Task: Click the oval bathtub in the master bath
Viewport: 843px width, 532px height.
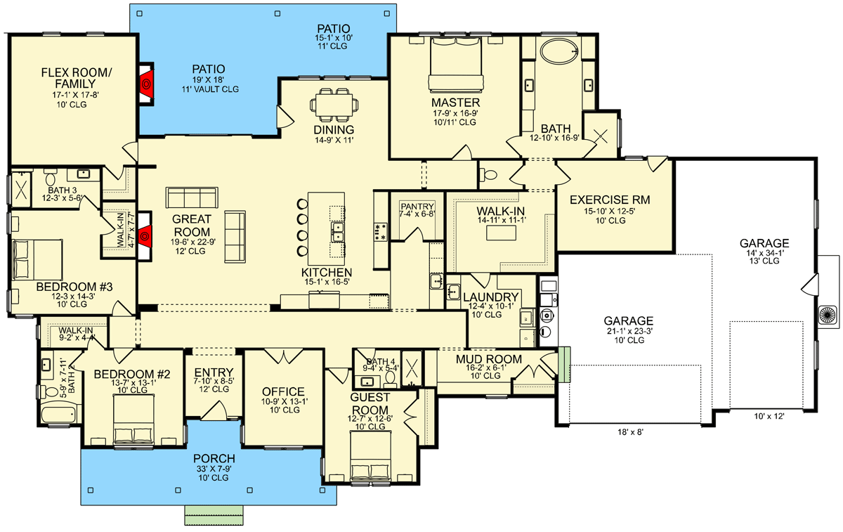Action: tap(559, 51)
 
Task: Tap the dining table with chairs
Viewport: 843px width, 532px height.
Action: tap(334, 105)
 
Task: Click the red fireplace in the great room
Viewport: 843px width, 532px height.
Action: tap(145, 236)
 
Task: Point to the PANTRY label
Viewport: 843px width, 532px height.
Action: tap(417, 207)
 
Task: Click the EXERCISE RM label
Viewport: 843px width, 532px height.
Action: tap(610, 200)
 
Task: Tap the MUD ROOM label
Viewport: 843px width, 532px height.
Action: tap(488, 359)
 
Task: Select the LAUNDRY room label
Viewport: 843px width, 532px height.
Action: tap(491, 297)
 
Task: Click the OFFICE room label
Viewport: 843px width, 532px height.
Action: tap(283, 391)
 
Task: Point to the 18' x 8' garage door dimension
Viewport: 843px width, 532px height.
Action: tap(630, 432)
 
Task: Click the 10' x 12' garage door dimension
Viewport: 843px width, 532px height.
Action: tap(769, 416)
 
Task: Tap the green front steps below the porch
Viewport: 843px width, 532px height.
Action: tap(214, 515)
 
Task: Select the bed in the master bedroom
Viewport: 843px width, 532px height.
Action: tap(456, 65)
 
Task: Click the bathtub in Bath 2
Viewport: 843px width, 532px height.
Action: tap(61, 415)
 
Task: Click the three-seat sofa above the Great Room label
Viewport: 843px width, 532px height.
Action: tap(192, 197)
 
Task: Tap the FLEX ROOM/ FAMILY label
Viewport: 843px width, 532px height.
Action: tap(76, 78)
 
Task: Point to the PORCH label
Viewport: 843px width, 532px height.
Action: tap(214, 459)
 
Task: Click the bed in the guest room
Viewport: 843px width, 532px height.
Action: tap(370, 456)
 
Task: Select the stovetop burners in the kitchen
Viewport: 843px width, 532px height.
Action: tap(381, 231)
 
